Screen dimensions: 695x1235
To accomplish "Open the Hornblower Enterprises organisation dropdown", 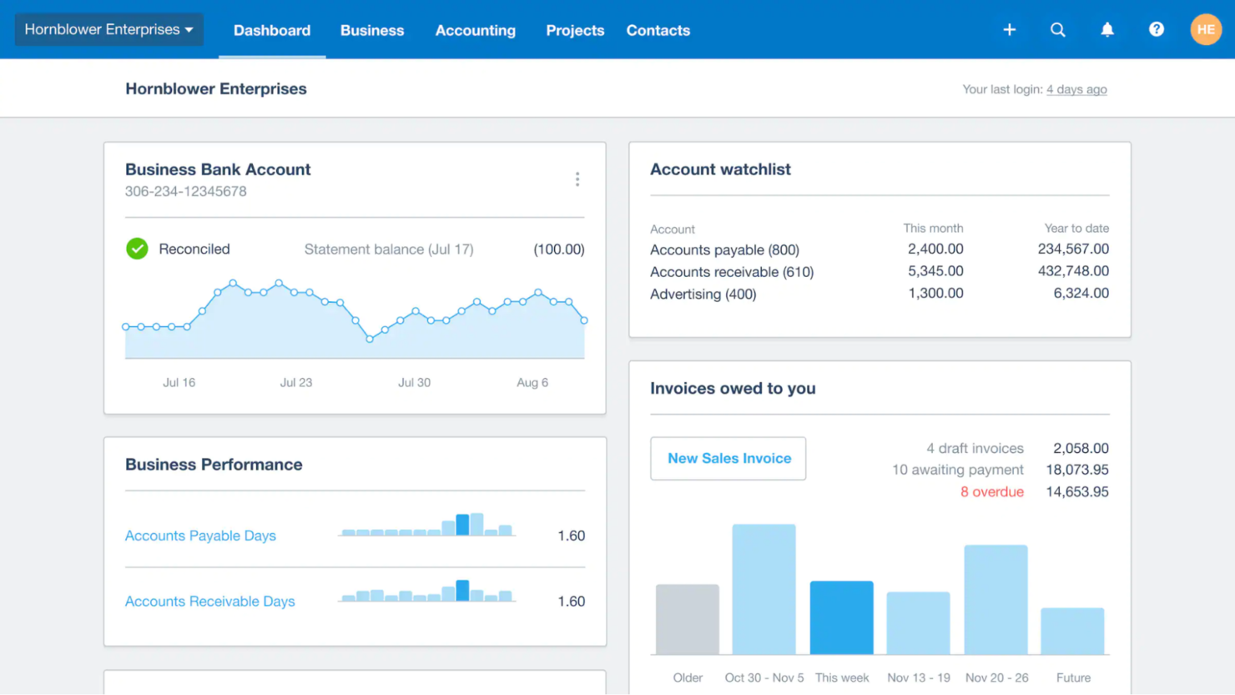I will (x=108, y=30).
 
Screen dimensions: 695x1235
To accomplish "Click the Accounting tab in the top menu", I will (x=475, y=31).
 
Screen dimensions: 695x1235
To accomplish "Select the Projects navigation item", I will (x=574, y=31).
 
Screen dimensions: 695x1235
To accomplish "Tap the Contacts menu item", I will (x=658, y=31).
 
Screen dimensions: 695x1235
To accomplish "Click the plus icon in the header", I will (x=1009, y=30).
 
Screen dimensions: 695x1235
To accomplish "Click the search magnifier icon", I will (x=1057, y=30).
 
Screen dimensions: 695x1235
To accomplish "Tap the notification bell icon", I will (x=1106, y=30).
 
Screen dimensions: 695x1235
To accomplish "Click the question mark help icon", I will (x=1156, y=30).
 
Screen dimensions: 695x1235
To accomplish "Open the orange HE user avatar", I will (x=1205, y=30).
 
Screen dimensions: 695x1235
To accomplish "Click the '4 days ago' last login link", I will (x=1076, y=89).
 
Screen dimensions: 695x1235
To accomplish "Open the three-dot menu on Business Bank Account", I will (x=577, y=179).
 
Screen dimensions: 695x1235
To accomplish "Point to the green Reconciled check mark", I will (x=137, y=249).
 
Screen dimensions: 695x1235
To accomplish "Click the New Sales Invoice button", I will (x=728, y=458).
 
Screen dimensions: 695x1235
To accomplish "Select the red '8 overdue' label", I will (x=991, y=492).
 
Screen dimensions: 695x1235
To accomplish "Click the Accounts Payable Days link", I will (x=200, y=536).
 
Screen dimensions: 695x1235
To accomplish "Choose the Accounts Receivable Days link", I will (x=209, y=602).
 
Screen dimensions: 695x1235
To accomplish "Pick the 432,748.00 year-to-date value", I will (x=1072, y=271).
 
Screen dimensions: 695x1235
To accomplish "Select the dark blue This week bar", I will (x=841, y=617).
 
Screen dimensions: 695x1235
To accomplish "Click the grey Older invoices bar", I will (x=687, y=619).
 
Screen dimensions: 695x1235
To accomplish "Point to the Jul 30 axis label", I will (x=414, y=383).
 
